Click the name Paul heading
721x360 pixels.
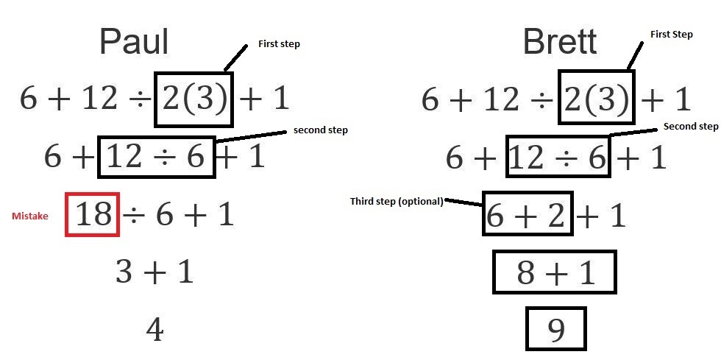(134, 42)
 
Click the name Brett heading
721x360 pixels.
(559, 42)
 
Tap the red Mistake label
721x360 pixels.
(30, 216)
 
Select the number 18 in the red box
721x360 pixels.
(93, 214)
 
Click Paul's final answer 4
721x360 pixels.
(154, 331)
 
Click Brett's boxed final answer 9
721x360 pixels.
(556, 329)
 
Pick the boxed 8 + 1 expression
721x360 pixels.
(555, 272)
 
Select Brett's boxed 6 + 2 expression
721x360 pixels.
(528, 214)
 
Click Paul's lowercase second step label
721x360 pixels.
(320, 130)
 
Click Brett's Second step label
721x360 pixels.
(690, 127)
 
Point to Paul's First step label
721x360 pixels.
(279, 44)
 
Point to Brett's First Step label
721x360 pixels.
(671, 35)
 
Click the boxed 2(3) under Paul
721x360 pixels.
(194, 99)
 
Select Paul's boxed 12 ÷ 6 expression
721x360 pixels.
(156, 157)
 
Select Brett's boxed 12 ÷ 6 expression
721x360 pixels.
(558, 157)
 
